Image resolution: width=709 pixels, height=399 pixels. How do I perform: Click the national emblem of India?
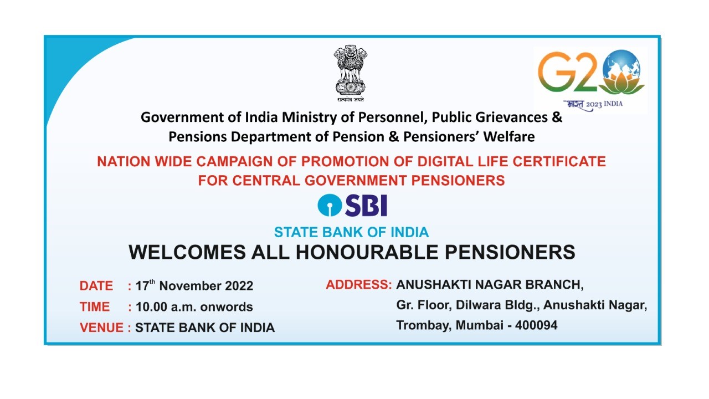(350, 72)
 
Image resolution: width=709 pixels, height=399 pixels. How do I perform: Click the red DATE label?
(96, 286)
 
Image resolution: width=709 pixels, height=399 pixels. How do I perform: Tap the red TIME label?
(95, 307)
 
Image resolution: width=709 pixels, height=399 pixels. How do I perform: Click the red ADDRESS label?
(359, 285)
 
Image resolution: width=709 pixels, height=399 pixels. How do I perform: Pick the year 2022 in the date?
(239, 286)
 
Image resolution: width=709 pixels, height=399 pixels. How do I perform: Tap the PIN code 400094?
(536, 326)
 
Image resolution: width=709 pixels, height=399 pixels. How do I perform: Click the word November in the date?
(190, 286)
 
